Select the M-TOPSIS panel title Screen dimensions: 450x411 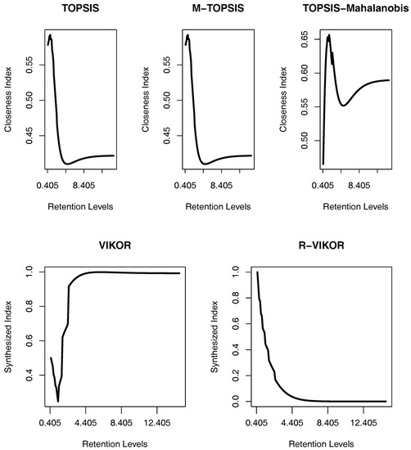pyautogui.click(x=215, y=9)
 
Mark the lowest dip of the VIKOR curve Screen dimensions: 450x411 pyautogui.click(x=58, y=400)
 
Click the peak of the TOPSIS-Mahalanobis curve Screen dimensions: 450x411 pyautogui.click(x=329, y=35)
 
